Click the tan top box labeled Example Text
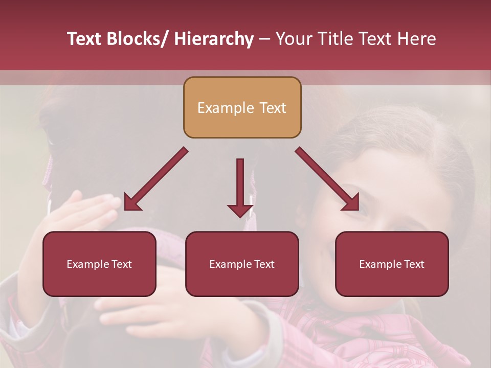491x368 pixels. [242, 107]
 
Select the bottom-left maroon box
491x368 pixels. [99, 264]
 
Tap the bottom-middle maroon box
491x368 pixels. [242, 264]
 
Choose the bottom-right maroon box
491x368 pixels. [392, 264]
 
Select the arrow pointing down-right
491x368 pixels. [328, 179]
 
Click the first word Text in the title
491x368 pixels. [83, 39]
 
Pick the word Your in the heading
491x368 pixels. [294, 39]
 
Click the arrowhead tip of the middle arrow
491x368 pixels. [240, 216]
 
